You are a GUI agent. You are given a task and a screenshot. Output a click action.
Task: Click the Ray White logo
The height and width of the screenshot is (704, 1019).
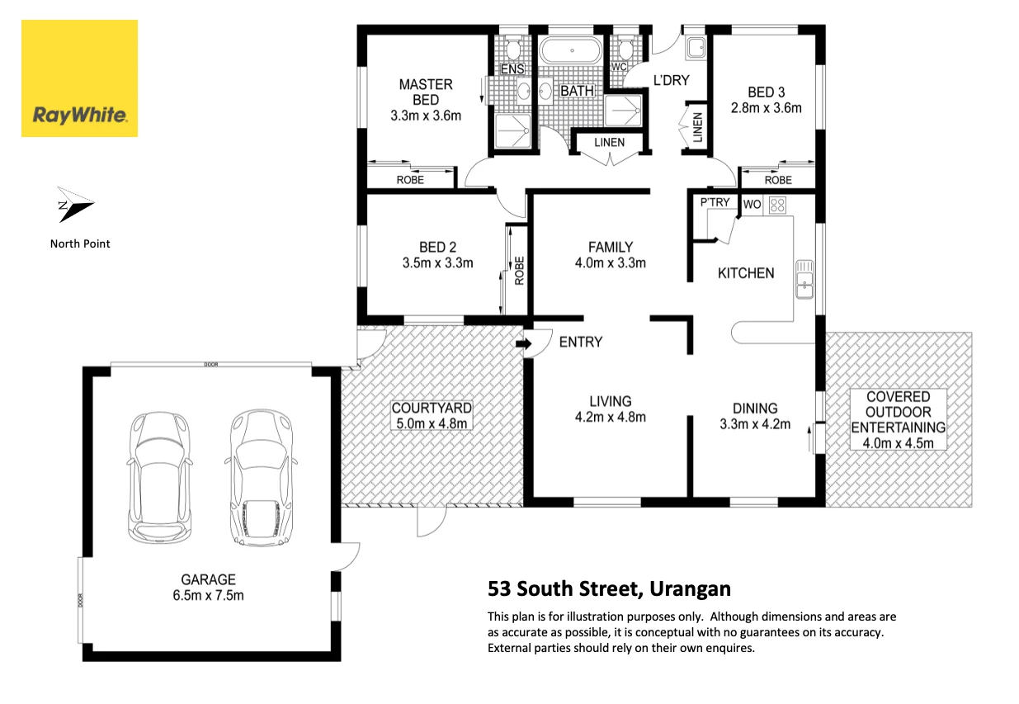point(79,78)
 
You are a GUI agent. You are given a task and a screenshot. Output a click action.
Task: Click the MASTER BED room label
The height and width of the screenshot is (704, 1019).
point(426,92)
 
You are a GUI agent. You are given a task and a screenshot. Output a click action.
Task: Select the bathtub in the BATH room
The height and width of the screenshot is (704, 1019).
point(572,50)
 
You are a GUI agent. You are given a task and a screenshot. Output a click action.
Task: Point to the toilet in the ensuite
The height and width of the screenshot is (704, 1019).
point(513,48)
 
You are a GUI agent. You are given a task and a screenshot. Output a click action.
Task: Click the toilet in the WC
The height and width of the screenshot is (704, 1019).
point(625,47)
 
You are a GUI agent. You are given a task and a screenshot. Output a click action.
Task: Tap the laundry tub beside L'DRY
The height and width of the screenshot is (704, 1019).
point(696,47)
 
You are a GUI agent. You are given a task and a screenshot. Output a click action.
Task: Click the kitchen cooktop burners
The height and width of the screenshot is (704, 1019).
point(777,205)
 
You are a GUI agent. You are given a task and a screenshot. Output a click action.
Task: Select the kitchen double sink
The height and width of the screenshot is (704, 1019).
point(804,280)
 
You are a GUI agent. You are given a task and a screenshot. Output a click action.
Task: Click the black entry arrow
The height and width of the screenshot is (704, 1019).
point(524,343)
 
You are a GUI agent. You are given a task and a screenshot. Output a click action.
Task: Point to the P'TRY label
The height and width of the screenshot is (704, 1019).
point(715,202)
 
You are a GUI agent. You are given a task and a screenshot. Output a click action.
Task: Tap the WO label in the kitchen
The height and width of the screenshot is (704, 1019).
point(752,205)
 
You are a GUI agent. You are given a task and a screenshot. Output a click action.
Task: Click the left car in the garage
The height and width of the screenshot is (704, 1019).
point(159,477)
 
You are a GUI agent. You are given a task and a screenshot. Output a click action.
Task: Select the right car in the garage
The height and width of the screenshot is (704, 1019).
point(261,477)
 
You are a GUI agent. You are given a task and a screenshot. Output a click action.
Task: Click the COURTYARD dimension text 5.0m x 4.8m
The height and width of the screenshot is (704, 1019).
point(432,423)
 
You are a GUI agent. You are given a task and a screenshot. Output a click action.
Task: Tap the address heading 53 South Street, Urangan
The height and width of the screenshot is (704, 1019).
point(609,588)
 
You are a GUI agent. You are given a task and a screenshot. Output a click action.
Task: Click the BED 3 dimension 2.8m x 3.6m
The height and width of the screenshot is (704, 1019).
point(766,108)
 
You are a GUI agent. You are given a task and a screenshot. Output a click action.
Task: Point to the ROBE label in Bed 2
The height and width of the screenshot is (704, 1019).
point(519,271)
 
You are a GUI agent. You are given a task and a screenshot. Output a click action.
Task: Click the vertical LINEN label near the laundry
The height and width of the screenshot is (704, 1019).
point(697,127)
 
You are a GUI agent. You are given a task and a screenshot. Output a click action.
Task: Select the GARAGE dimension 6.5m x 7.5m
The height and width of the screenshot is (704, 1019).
point(209,595)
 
